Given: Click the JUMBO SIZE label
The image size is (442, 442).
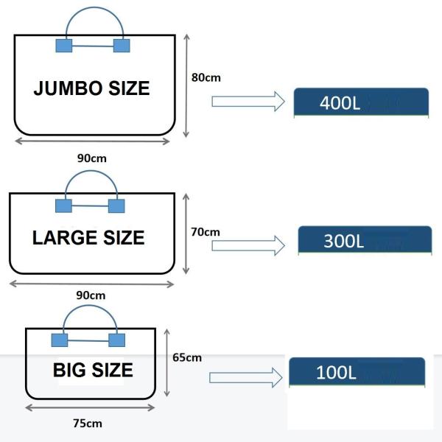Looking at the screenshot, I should (x=91, y=88).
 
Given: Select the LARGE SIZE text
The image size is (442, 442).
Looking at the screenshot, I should (x=88, y=238).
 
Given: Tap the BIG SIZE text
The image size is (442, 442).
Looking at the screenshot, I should (x=93, y=370).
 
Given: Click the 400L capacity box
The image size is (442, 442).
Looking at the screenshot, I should (x=361, y=102).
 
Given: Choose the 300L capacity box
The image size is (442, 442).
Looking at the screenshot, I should (x=364, y=240).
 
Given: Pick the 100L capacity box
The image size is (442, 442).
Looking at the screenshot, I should (x=356, y=372).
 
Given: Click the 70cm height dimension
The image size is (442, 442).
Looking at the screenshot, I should (x=206, y=231).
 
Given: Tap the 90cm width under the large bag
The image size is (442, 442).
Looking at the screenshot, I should (x=91, y=295).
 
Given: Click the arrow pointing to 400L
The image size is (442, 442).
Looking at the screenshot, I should (x=248, y=101).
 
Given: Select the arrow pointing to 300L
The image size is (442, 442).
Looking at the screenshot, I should (x=248, y=245).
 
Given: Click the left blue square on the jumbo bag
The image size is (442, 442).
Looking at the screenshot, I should (x=64, y=46).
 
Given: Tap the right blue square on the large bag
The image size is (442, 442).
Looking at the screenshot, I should (x=116, y=206).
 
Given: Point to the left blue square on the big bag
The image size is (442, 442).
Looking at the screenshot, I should (x=59, y=340).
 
